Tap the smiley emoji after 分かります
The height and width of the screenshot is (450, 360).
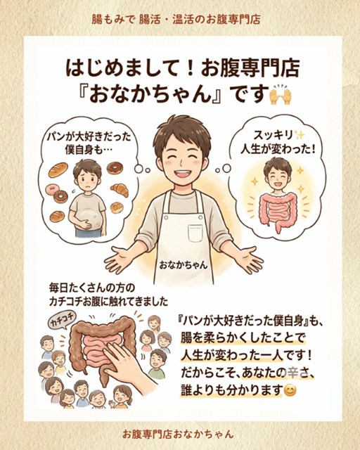click(290, 391)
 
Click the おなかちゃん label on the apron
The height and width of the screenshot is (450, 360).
click(184, 265)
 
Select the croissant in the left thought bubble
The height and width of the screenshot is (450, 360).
click(120, 189)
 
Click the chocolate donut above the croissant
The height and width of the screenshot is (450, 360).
click(115, 167)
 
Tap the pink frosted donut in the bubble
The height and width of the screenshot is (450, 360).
click(51, 189)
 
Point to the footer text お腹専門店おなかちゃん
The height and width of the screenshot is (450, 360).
click(178, 434)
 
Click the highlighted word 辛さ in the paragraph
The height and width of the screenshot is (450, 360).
click(298, 373)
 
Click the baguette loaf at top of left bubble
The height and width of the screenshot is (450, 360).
click(58, 170)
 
